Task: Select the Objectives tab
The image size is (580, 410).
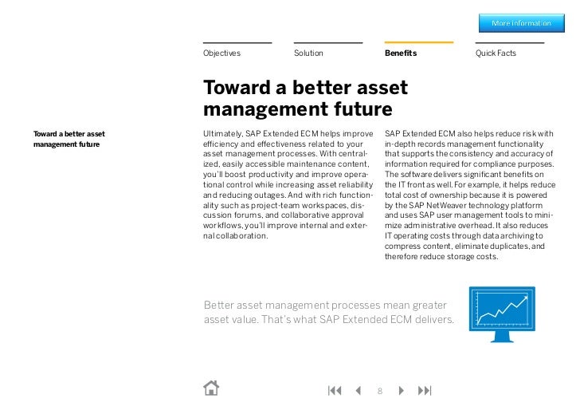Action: tap(221, 53)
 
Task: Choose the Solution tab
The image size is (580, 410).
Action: tap(308, 53)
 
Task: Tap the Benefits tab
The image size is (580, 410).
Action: tap(401, 53)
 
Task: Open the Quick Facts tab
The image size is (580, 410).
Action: tap(496, 53)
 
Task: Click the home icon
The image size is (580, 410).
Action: tap(211, 388)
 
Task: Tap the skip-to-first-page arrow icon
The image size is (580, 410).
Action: tap(335, 390)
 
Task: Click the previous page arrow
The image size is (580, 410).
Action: tap(358, 390)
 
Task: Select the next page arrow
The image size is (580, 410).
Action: tap(402, 390)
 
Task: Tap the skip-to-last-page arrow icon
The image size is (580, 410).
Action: tap(425, 390)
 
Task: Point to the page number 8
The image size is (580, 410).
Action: tap(380, 391)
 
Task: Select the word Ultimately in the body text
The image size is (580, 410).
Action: tap(223, 132)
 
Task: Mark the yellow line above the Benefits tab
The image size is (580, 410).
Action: tap(418, 42)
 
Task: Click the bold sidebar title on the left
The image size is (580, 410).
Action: tap(69, 139)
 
